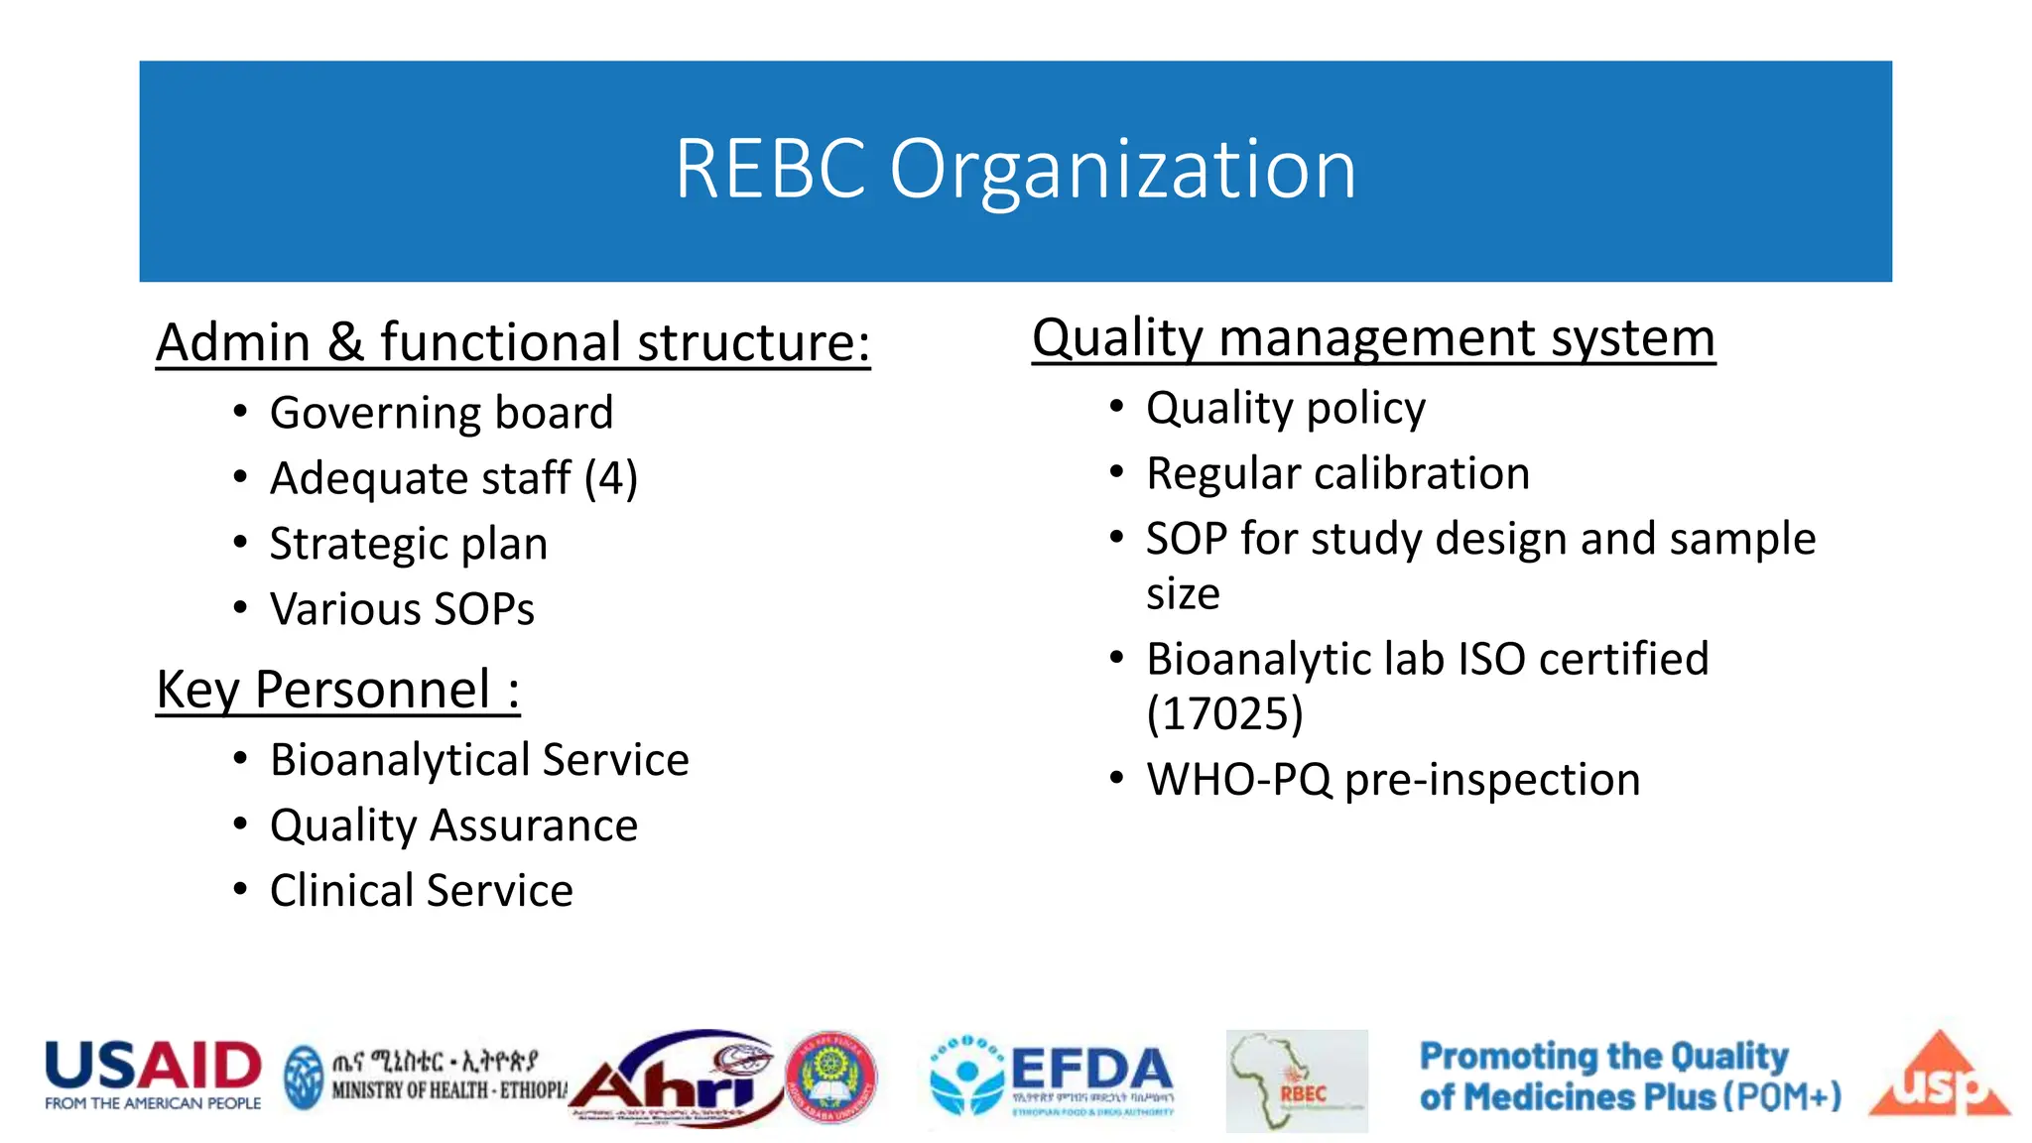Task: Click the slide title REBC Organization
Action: [x=1015, y=170]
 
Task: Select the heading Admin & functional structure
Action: [x=513, y=343]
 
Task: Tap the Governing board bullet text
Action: [x=442, y=413]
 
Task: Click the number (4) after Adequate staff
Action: [x=610, y=478]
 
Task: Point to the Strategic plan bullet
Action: [x=408, y=544]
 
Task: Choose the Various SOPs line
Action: [x=402, y=609]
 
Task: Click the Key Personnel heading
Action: [x=337, y=690]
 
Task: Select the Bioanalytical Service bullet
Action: [x=479, y=760]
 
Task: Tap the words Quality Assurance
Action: [x=453, y=825]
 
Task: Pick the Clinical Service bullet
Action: [x=421, y=891]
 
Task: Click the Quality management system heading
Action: [x=1373, y=338]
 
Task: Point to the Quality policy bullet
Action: [x=1285, y=408]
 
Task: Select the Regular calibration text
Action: [x=1337, y=473]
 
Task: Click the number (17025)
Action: [x=1224, y=713]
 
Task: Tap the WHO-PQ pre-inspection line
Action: [x=1393, y=780]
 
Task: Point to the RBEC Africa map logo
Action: [x=1296, y=1081]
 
